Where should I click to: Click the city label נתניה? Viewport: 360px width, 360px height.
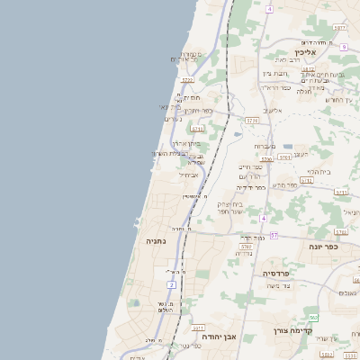157,241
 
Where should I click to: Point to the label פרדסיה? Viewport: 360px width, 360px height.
278,273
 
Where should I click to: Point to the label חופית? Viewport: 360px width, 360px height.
192,97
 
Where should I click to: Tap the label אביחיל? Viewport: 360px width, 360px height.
175,174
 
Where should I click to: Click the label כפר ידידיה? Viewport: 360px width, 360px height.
250,187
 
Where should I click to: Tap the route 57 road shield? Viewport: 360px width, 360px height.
274,235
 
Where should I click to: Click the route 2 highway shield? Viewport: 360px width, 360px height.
171,285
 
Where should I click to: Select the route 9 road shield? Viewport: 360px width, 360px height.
343,47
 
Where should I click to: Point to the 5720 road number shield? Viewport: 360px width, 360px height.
187,80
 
